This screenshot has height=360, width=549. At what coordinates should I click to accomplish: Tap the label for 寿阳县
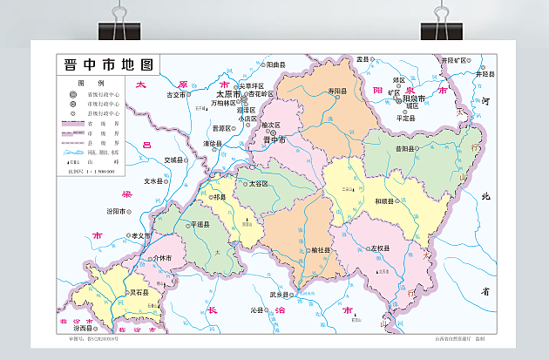point(337,92)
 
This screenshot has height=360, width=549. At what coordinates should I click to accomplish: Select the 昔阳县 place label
point(403,149)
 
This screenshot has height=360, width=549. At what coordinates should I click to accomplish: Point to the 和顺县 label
point(386,201)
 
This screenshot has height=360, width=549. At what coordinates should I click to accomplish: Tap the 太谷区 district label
point(258,184)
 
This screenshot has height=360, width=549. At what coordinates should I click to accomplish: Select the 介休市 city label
point(163,258)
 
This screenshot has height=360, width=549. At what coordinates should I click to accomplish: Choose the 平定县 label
point(406,117)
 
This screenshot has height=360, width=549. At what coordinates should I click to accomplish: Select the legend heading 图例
point(85,81)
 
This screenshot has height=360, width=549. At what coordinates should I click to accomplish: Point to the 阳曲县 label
point(276,65)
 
